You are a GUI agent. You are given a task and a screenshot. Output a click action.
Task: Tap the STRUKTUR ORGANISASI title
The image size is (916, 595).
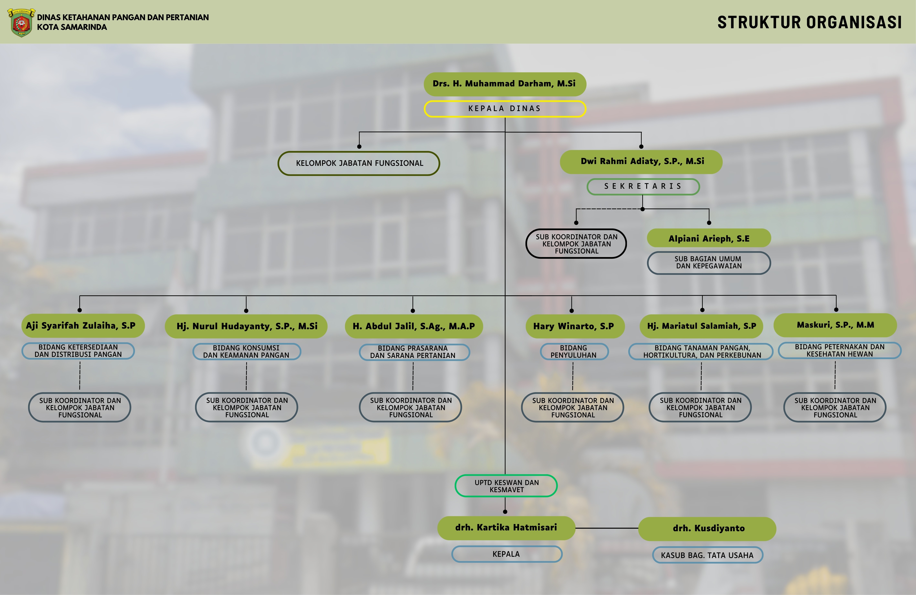point(809,22)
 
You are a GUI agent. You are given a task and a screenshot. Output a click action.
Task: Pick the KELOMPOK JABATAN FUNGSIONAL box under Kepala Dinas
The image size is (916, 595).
point(359,163)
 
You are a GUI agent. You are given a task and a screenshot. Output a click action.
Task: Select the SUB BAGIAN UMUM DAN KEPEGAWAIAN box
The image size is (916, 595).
point(709,263)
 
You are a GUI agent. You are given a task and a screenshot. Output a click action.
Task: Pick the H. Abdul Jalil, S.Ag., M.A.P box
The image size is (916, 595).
point(414,326)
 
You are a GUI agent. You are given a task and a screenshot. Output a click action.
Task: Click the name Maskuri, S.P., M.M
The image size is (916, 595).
point(835,325)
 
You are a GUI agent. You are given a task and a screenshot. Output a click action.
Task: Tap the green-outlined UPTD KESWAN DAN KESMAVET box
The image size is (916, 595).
point(506,486)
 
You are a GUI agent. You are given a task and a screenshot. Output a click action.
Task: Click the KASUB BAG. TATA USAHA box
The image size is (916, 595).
point(707,555)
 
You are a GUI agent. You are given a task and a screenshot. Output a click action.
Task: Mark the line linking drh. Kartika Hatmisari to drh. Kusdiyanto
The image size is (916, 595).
point(607,528)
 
